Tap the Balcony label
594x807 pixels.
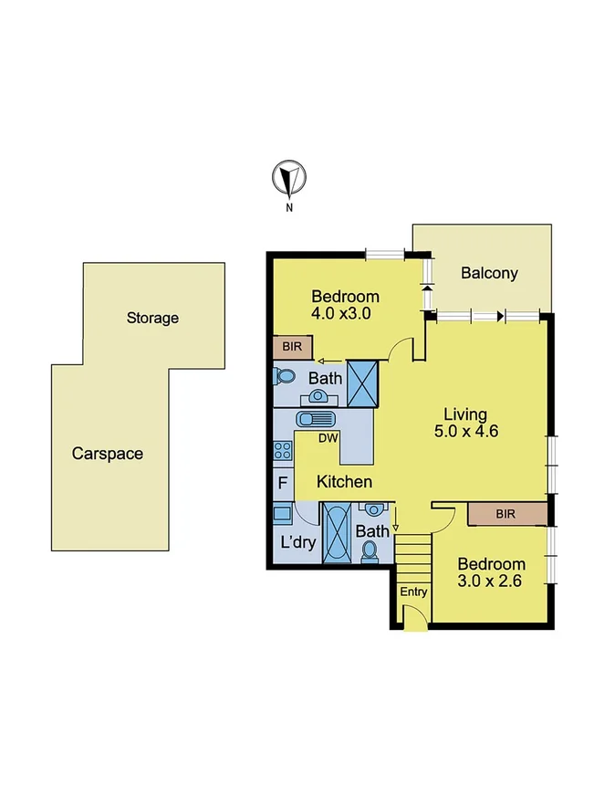489,272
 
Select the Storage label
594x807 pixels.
152,318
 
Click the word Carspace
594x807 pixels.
108,453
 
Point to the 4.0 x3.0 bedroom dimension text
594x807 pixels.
345,313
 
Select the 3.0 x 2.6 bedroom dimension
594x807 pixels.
491,582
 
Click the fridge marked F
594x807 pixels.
282,481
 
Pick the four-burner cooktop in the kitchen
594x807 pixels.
282,450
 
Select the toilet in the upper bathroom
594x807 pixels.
284,375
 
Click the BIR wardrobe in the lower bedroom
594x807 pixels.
505,514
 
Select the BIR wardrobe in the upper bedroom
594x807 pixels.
292,347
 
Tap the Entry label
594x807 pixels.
413,592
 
